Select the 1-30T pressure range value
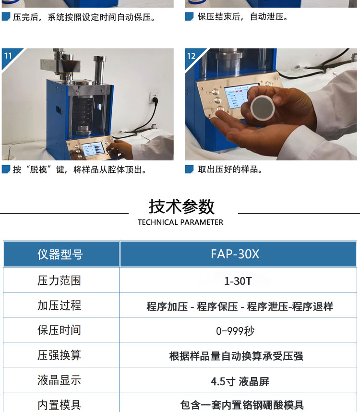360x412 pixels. point(238,281)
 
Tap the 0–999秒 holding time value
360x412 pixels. point(235,331)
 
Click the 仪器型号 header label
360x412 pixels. point(60,254)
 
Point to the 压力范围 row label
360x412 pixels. point(59,280)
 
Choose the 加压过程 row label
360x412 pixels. point(59,305)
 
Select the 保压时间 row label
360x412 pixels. point(59,330)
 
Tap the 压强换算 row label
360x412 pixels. point(59,355)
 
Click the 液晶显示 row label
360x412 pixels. point(59,380)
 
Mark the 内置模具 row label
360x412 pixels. point(59,405)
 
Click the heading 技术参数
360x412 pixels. point(181,206)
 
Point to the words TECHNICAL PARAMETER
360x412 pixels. point(180,222)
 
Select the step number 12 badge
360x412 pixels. point(191,56)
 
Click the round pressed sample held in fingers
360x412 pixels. point(263,108)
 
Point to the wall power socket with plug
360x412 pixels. point(154,98)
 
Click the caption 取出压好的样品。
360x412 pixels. point(230,170)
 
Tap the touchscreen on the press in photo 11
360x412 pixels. point(92,149)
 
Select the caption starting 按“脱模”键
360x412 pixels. point(80,170)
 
